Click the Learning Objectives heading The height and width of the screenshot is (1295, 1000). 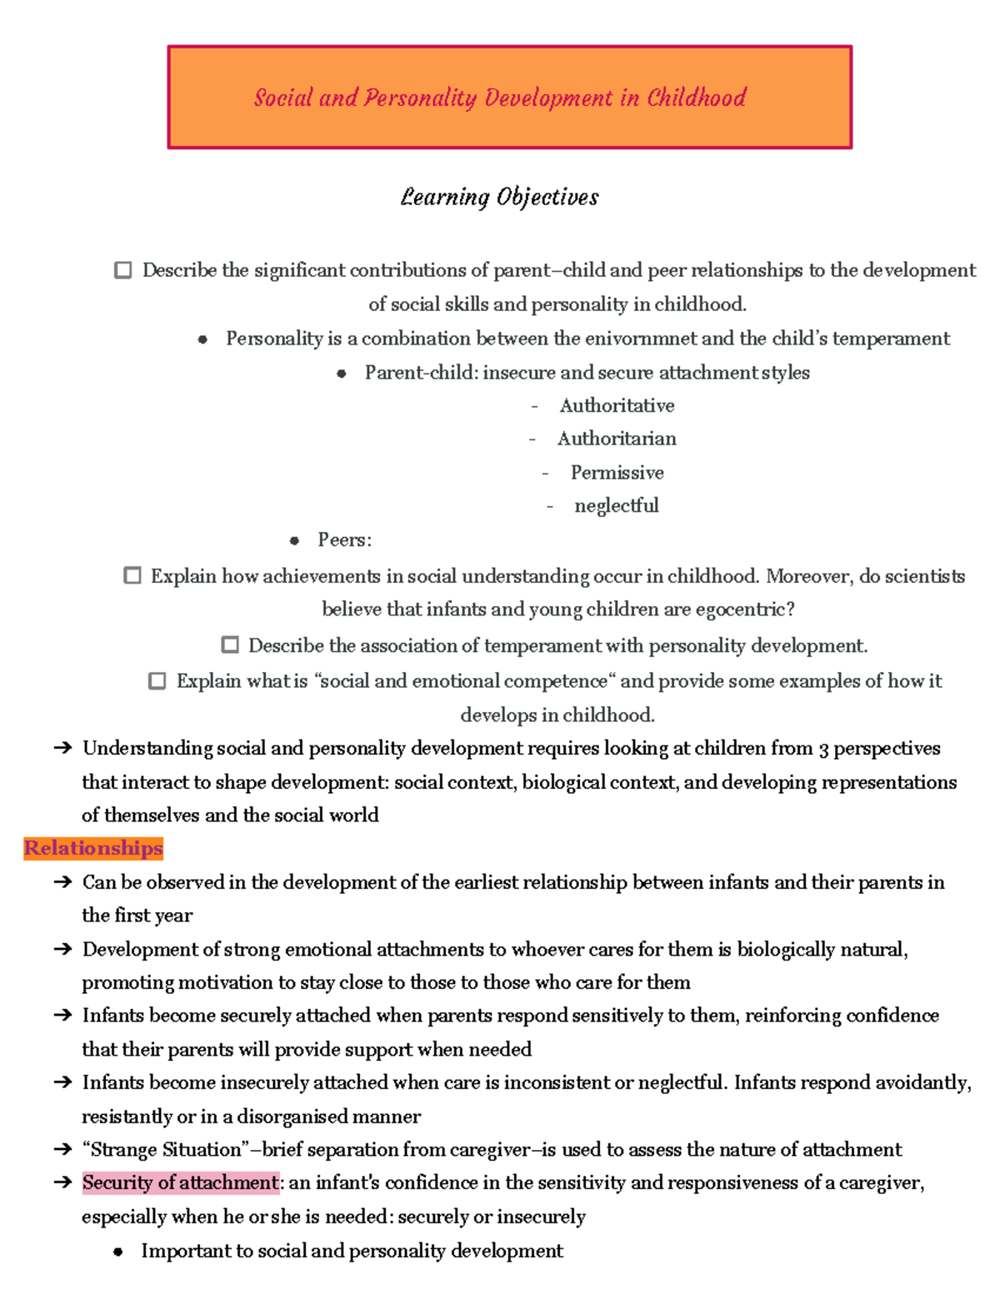click(499, 198)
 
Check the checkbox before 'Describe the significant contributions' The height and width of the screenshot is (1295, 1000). click(122, 270)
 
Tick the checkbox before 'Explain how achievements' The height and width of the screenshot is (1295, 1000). click(132, 575)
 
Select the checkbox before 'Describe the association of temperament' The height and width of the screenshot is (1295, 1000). click(230, 645)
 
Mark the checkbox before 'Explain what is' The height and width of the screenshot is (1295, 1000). click(157, 680)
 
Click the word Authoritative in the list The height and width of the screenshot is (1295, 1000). click(617, 406)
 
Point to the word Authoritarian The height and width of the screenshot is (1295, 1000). click(617, 439)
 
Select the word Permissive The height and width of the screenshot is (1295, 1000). click(617, 473)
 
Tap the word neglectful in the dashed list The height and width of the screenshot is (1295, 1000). click(616, 506)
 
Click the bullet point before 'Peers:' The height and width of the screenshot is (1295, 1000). click(294, 541)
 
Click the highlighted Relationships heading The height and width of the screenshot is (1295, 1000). click(93, 848)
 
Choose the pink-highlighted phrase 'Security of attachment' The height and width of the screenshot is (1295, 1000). click(180, 1182)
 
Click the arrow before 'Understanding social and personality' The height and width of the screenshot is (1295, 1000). click(62, 748)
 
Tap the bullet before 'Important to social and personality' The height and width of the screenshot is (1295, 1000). click(118, 1252)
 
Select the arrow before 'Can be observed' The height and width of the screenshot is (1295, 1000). click(62, 882)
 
